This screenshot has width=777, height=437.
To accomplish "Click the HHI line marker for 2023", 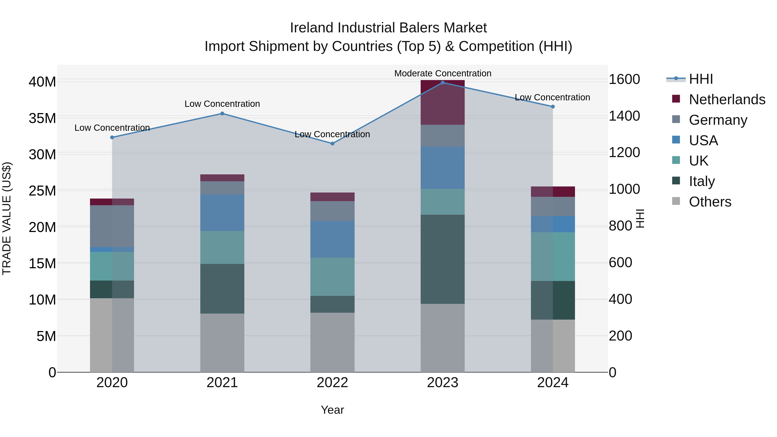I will [x=442, y=83].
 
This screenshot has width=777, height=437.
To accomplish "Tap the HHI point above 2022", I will [x=332, y=144].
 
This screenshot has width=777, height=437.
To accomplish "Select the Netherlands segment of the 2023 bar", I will [x=442, y=103].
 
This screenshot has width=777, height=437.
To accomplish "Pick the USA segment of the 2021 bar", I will [x=222, y=213].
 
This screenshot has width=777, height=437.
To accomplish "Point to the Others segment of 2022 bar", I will [x=332, y=342].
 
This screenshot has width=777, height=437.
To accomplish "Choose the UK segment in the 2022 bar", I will [x=332, y=277].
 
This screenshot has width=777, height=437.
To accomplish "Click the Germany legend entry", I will [x=718, y=120].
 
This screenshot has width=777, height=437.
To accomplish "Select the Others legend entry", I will [x=710, y=202].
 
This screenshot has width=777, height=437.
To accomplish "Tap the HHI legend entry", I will [x=701, y=79].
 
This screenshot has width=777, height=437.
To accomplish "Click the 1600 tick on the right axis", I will [x=624, y=79].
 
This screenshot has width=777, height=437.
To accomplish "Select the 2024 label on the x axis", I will [x=553, y=383].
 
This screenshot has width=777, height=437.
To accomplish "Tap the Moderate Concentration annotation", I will [x=442, y=73].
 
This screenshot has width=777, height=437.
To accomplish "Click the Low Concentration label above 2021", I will [x=222, y=104].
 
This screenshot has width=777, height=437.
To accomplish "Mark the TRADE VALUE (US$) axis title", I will [x=7, y=218].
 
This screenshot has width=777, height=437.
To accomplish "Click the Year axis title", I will [x=332, y=410].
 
